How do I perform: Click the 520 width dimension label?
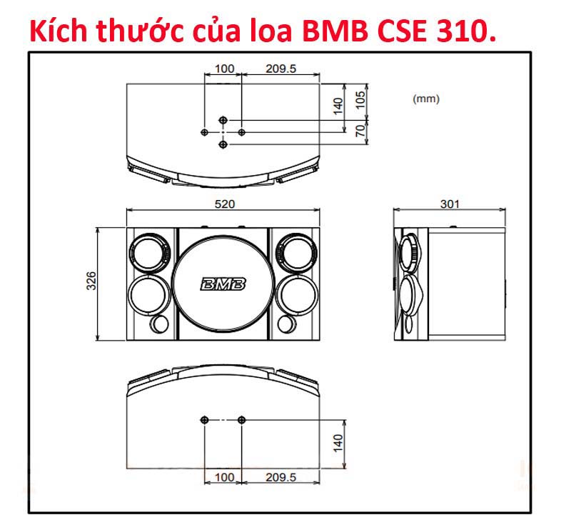coord(224,204)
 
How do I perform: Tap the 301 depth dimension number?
coord(450,204)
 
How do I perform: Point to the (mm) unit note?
coord(426,99)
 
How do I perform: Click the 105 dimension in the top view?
coord(360,99)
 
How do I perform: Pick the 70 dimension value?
coord(360,131)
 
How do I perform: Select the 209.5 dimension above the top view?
coord(281,69)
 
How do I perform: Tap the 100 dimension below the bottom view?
coord(224,476)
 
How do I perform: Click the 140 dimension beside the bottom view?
coord(338,442)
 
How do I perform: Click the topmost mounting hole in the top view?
coord(223,120)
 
